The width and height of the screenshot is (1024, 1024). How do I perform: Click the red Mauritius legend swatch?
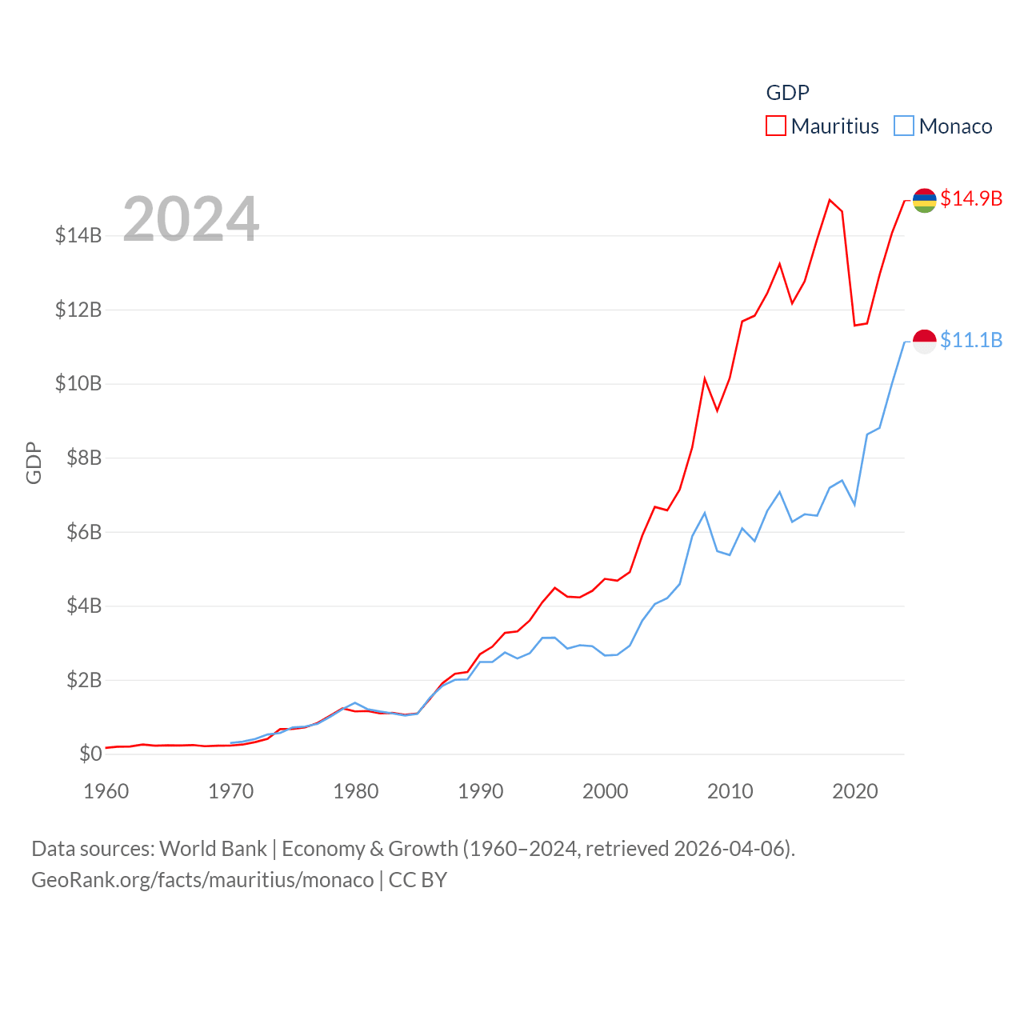pyautogui.click(x=775, y=126)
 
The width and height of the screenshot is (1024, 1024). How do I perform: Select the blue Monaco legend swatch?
pyautogui.click(x=903, y=126)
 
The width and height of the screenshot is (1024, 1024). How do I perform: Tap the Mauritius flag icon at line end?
pyautogui.click(x=924, y=200)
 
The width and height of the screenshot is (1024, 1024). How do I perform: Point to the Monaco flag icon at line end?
pyautogui.click(x=924, y=342)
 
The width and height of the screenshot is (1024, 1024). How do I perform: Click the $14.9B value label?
pyautogui.click(x=971, y=198)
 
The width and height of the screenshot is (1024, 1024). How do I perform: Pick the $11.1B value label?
pyautogui.click(x=971, y=340)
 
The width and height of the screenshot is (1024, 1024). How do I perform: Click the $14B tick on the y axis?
pyautogui.click(x=78, y=235)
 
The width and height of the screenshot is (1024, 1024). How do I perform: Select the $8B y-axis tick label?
pyautogui.click(x=78, y=458)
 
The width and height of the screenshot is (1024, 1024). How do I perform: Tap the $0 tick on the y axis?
pyautogui.click(x=90, y=754)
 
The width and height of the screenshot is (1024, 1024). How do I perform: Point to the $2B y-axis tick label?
pyautogui.click(x=78, y=680)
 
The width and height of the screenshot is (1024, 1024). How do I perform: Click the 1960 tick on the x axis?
pyautogui.click(x=106, y=791)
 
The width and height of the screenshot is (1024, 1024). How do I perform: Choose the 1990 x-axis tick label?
pyautogui.click(x=481, y=791)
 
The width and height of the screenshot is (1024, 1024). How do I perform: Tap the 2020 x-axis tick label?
pyautogui.click(x=855, y=791)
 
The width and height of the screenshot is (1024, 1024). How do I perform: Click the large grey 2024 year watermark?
pyautogui.click(x=191, y=218)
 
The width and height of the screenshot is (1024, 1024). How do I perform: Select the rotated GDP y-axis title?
pyautogui.click(x=34, y=462)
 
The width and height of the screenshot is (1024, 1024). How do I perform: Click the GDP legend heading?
pyautogui.click(x=787, y=93)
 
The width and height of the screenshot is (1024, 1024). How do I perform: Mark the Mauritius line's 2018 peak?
pyautogui.click(x=830, y=200)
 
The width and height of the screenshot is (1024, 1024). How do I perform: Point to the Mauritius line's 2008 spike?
pyautogui.click(x=705, y=378)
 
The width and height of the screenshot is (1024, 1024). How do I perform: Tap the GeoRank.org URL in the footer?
pyautogui.click(x=202, y=880)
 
